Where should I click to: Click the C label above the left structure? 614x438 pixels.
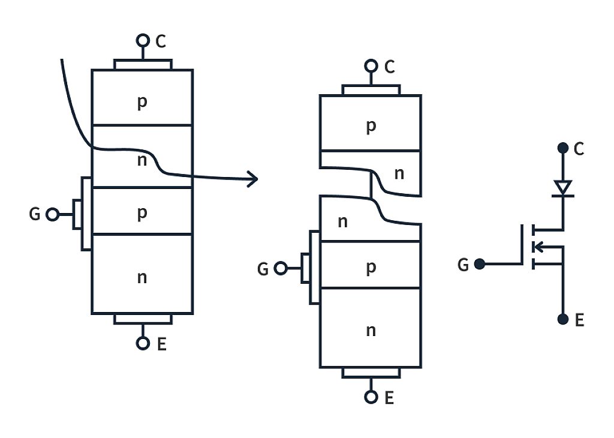point(161,41)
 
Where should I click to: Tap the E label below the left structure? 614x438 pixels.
point(161,344)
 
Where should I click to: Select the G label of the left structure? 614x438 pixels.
point(35,214)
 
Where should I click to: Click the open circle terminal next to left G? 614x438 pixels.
point(53,214)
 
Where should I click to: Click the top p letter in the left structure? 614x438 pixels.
point(142,101)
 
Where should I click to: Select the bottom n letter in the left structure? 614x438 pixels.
point(142,277)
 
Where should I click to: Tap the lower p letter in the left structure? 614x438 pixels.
point(142,213)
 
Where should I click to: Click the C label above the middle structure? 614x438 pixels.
point(390,67)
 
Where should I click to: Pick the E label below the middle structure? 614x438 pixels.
point(389,398)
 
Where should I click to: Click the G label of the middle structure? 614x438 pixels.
point(263,269)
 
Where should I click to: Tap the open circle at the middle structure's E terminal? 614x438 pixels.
point(371,397)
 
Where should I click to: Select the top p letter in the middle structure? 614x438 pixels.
point(371,125)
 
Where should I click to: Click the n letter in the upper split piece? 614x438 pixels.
point(399,173)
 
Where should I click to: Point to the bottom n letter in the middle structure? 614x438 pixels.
point(371,330)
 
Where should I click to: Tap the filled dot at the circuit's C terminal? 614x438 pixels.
point(562,148)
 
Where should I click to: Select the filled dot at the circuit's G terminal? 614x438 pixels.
point(480,263)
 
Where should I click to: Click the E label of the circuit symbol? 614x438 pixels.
point(579,320)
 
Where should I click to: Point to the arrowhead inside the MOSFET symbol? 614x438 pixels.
point(539,247)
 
